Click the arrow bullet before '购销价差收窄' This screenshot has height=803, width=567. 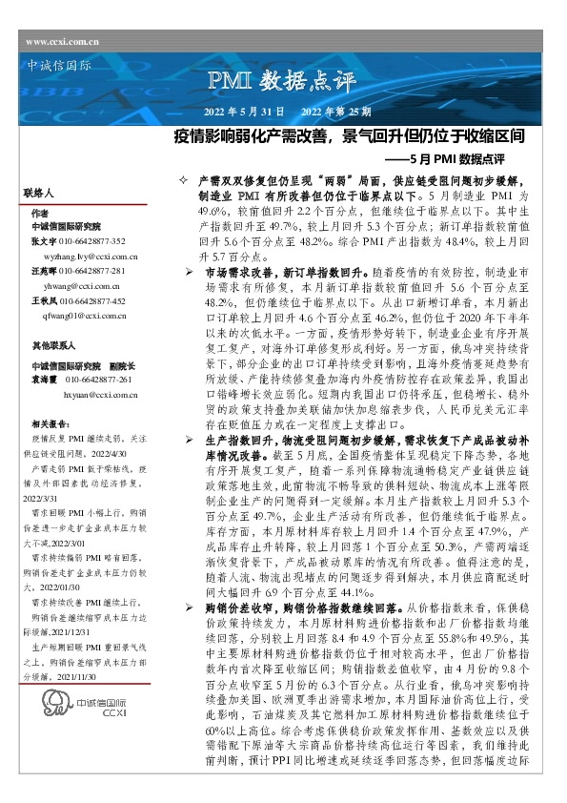point(190,606)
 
